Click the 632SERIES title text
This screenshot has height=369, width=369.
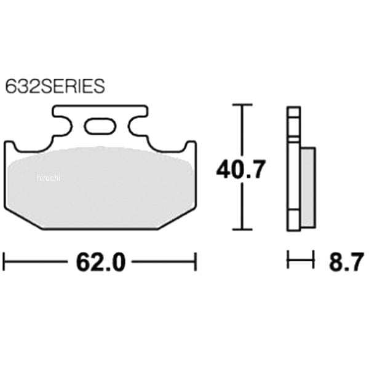pyautogui.click(x=55, y=86)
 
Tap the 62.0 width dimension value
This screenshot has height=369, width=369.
pyautogui.click(x=100, y=262)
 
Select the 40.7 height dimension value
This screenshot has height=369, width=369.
pyautogui.click(x=241, y=169)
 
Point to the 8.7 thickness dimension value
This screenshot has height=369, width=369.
pyautogui.click(x=346, y=262)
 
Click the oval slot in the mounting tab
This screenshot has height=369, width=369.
pyautogui.click(x=100, y=127)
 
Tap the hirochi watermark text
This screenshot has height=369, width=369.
pyautogui.click(x=49, y=178)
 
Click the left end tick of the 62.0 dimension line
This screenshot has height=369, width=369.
pyautogui.click(x=4, y=262)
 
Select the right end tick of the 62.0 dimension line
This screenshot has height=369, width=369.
pyautogui.click(x=196, y=262)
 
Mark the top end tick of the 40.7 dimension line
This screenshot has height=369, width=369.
pyautogui.click(x=242, y=105)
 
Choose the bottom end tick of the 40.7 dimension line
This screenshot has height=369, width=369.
pyautogui.click(x=242, y=229)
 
